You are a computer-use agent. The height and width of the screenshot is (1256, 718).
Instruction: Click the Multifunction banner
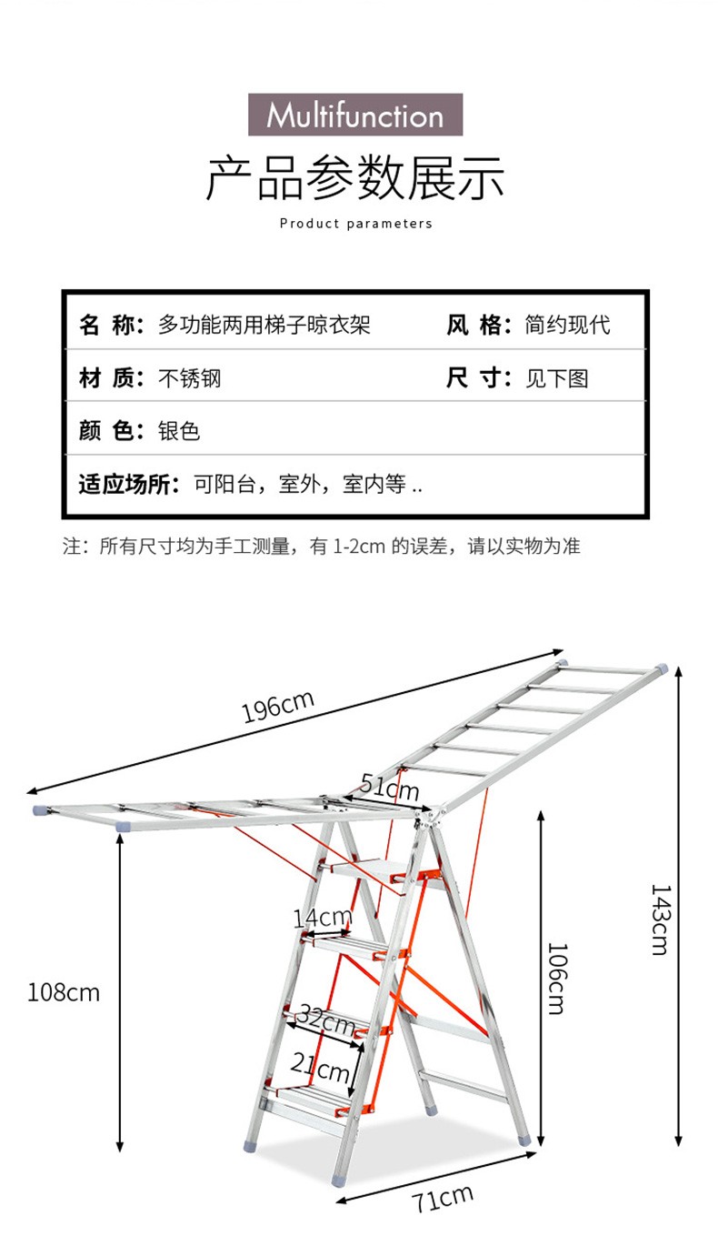(355, 116)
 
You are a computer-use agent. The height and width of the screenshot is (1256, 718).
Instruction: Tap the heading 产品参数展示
(355, 178)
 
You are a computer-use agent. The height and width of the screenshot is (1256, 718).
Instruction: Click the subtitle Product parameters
(355, 224)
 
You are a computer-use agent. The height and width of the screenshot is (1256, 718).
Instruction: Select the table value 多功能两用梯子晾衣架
(264, 325)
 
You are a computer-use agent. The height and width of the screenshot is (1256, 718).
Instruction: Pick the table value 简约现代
(567, 325)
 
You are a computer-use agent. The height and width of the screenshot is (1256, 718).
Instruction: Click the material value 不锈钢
(190, 377)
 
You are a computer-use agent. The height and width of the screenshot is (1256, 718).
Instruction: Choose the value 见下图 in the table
(557, 377)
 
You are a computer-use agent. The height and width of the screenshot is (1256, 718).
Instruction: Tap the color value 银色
(179, 430)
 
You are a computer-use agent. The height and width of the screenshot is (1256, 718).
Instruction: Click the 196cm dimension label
(277, 707)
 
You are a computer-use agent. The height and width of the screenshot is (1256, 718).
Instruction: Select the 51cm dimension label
(390, 784)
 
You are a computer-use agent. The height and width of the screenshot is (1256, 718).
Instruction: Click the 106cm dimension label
(556, 979)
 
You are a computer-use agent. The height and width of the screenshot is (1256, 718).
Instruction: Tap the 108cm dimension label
(63, 991)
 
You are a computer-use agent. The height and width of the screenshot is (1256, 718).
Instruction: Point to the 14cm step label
(322, 918)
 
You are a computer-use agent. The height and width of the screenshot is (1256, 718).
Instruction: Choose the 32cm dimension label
(324, 1021)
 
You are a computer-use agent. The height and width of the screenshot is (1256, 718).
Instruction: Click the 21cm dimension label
(320, 1066)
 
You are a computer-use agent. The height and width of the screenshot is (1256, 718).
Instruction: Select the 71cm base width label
(443, 1198)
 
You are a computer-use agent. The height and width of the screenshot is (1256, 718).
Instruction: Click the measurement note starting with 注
(321, 547)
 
